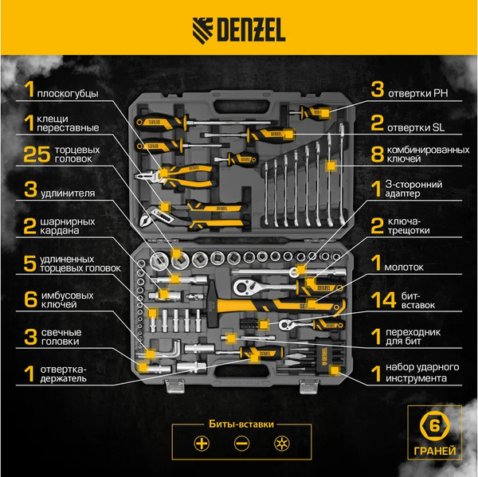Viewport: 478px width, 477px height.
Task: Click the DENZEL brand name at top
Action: coord(249,33)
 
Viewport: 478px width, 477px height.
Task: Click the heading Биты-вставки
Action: coord(238,422)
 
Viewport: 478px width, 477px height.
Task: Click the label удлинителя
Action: coord(72,192)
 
